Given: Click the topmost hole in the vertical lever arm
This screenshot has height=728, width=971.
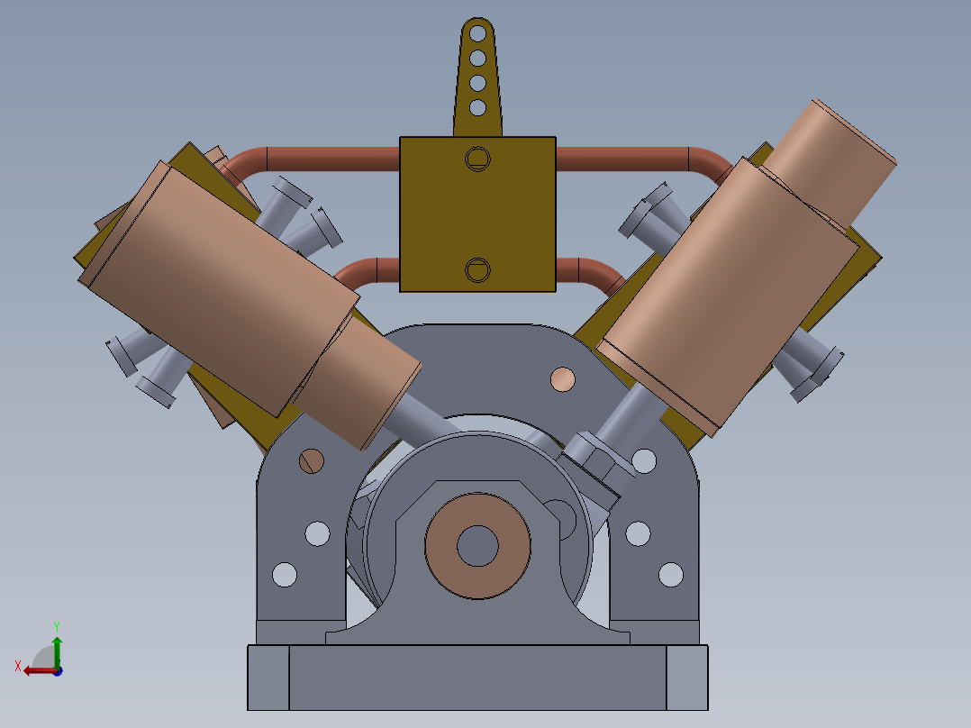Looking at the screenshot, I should tap(477, 35).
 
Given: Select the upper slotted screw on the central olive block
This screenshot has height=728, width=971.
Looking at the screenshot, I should tap(476, 159).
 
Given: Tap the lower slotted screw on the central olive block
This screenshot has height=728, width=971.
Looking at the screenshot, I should tap(476, 268).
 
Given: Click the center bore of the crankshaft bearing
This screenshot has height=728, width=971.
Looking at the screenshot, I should tap(476, 545).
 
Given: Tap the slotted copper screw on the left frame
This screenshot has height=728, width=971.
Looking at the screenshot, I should tap(312, 460).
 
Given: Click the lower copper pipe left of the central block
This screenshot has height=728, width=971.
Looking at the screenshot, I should tap(369, 270).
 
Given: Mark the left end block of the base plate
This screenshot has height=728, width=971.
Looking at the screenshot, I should tap(268, 677).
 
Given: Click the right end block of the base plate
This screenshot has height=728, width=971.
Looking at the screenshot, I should tap(687, 677).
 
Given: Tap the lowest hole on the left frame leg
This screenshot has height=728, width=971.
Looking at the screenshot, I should tap(285, 574).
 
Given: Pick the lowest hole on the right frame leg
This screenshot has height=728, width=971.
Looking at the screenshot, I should tap(671, 574).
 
